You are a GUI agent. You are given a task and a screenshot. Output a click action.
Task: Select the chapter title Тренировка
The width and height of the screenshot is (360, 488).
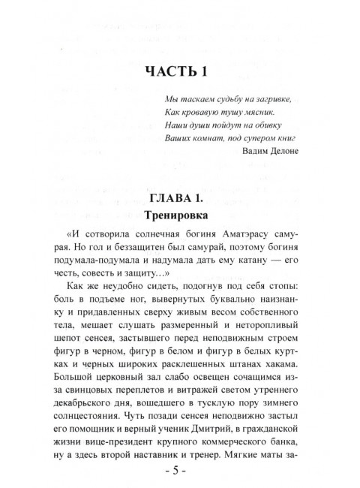(x=179, y=215)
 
